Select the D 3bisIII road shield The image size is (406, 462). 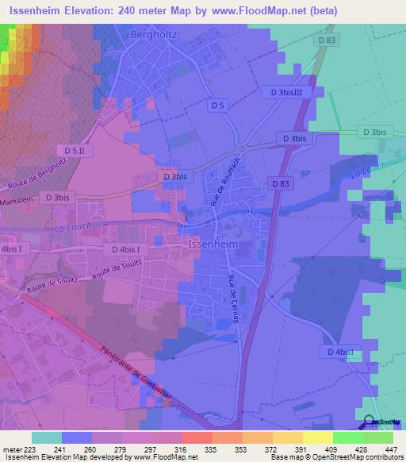(286, 93)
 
